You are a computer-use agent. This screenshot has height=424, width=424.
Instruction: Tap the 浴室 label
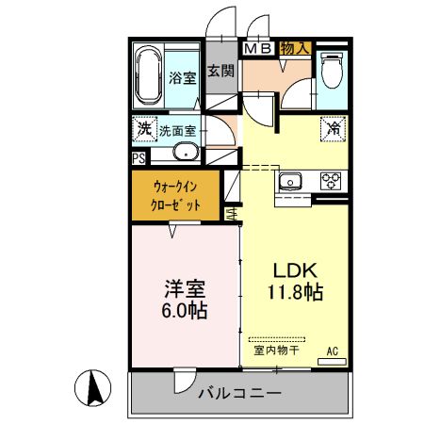click(183, 78)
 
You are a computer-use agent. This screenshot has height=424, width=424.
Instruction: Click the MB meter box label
click(258, 47)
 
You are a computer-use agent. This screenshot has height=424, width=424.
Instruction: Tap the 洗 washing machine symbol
click(144, 128)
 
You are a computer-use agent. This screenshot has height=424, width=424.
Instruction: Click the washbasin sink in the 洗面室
click(185, 155)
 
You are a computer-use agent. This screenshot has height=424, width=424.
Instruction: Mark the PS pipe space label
click(139, 158)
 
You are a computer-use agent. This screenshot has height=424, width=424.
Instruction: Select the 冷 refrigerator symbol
click(334, 128)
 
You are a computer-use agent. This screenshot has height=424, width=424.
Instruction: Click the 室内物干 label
click(276, 351)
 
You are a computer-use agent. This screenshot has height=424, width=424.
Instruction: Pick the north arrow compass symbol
click(94, 388)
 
